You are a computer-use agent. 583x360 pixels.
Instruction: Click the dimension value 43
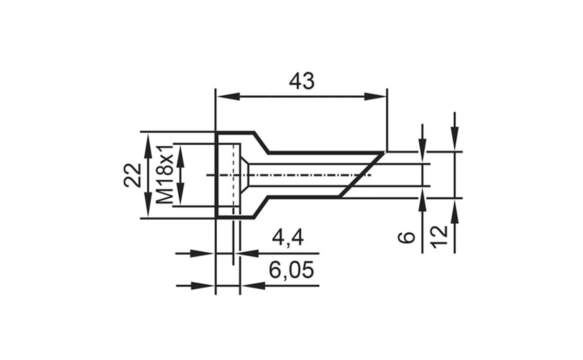click(302, 81)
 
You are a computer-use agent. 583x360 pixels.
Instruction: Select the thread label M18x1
click(166, 174)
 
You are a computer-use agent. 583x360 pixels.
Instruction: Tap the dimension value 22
click(132, 175)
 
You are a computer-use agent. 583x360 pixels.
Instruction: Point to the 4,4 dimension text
click(288, 238)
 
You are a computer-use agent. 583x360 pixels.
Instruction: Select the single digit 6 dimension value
click(408, 237)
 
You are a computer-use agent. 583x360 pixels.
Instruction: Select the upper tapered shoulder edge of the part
click(262, 142)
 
